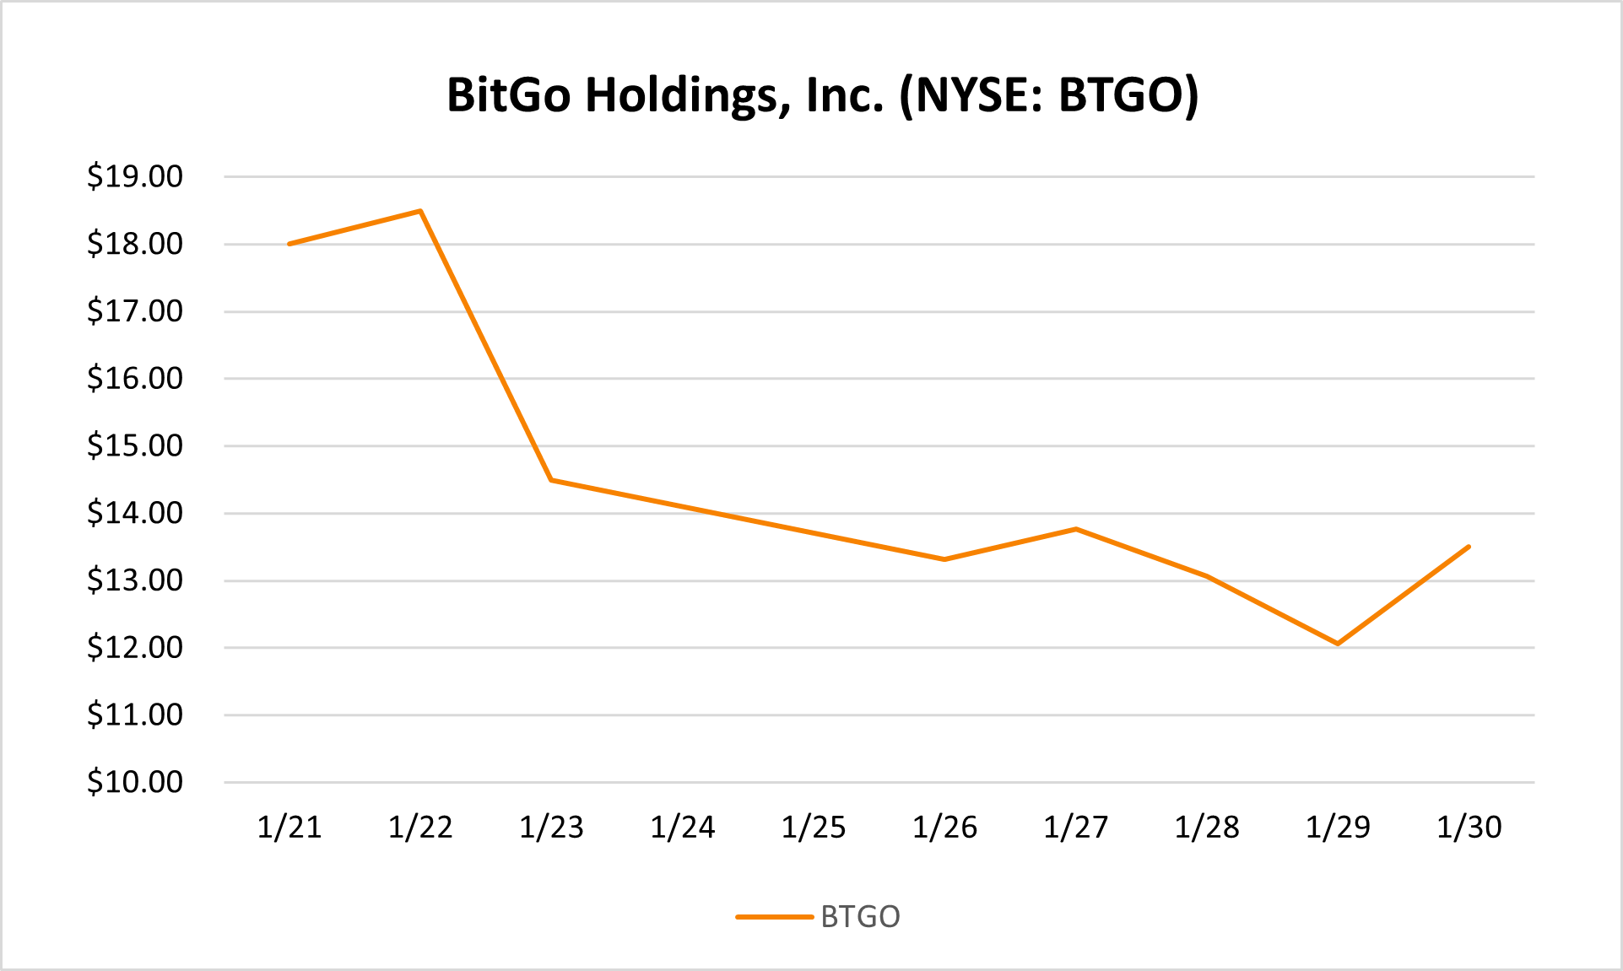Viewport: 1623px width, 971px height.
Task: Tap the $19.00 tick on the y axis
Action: pyautogui.click(x=135, y=176)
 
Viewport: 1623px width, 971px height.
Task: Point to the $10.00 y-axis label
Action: pyautogui.click(x=135, y=782)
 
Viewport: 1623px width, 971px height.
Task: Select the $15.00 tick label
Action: pyautogui.click(x=135, y=445)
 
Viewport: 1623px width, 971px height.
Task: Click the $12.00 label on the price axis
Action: pyautogui.click(x=135, y=647)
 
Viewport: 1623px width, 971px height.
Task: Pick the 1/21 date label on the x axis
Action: pyautogui.click(x=289, y=828)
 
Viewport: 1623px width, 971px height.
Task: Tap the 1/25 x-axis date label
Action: pyautogui.click(x=814, y=828)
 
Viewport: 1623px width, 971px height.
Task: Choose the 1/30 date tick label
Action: pyautogui.click(x=1469, y=828)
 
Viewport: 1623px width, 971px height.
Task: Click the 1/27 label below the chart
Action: pyautogui.click(x=1075, y=828)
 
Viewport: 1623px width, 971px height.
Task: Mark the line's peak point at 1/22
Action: pyautogui.click(x=420, y=211)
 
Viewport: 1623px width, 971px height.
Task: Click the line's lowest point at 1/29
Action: pyautogui.click(x=1338, y=644)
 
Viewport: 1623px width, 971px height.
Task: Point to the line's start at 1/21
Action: pyautogui.click(x=289, y=244)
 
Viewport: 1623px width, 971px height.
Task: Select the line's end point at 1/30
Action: pyautogui.click(x=1469, y=547)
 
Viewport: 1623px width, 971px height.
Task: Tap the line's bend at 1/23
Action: pyautogui.click(x=551, y=480)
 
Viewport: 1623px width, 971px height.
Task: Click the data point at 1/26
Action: pyautogui.click(x=944, y=559)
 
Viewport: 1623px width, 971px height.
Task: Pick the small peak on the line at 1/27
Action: pyautogui.click(x=1075, y=529)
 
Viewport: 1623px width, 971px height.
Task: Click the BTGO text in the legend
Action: pyautogui.click(x=860, y=917)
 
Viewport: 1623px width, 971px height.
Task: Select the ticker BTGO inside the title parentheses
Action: pyautogui.click(x=1119, y=95)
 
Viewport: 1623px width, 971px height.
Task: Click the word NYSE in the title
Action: pyautogui.click(x=971, y=95)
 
